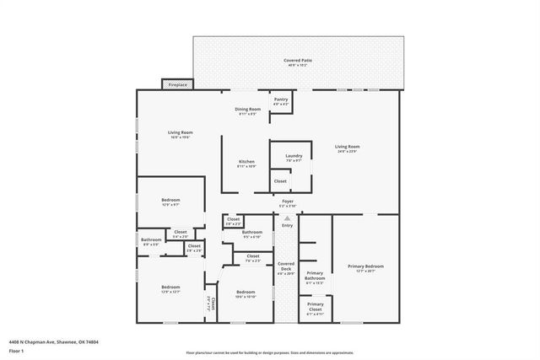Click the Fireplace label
178,85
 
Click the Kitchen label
246,163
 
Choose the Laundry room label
294,157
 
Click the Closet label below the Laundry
280,180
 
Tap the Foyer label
288,202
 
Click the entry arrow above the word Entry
287,218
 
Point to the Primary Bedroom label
365,268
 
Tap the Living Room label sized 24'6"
346,148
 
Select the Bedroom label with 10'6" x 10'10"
246,294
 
